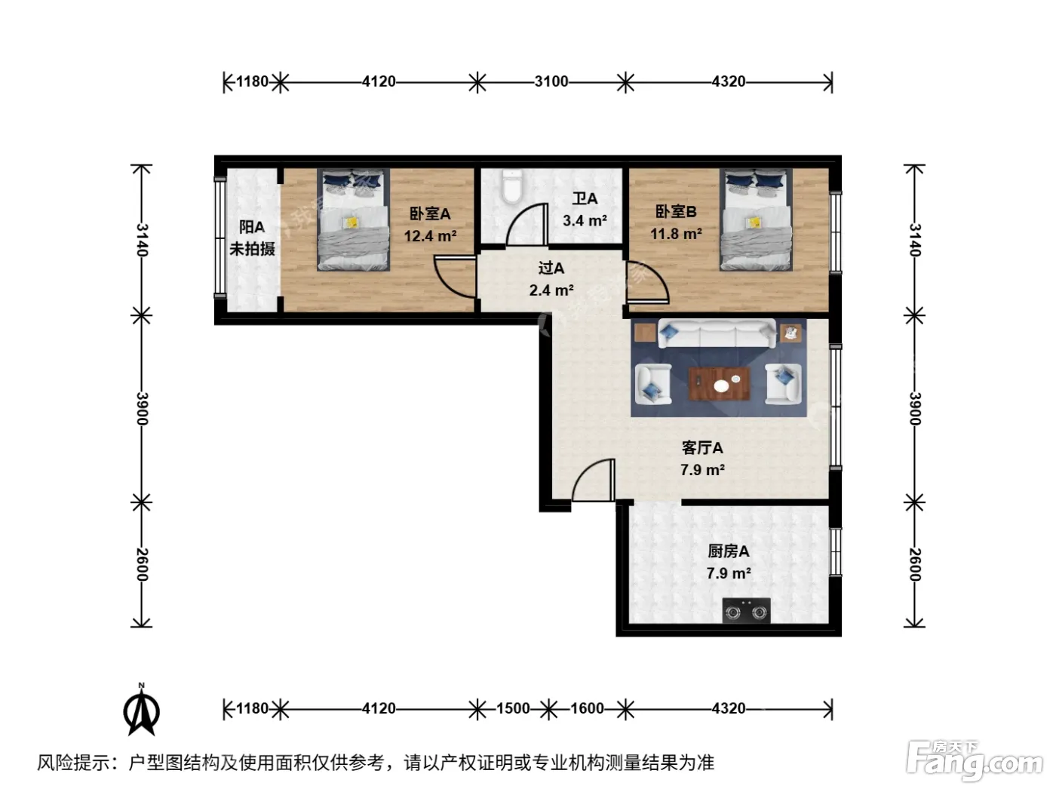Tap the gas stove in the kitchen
[746, 611]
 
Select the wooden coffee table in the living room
[720, 384]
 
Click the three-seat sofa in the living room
[717, 333]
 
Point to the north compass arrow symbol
[142, 710]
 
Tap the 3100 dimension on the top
[551, 81]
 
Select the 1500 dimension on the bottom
[513, 708]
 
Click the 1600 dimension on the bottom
[587, 708]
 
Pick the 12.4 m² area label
[430, 236]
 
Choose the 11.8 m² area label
[676, 234]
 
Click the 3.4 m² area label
[585, 221]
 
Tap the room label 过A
[551, 268]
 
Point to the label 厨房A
[729, 551]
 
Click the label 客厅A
[702, 448]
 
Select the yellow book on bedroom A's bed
[351, 223]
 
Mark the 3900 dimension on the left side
[142, 410]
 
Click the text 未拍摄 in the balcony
[252, 249]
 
